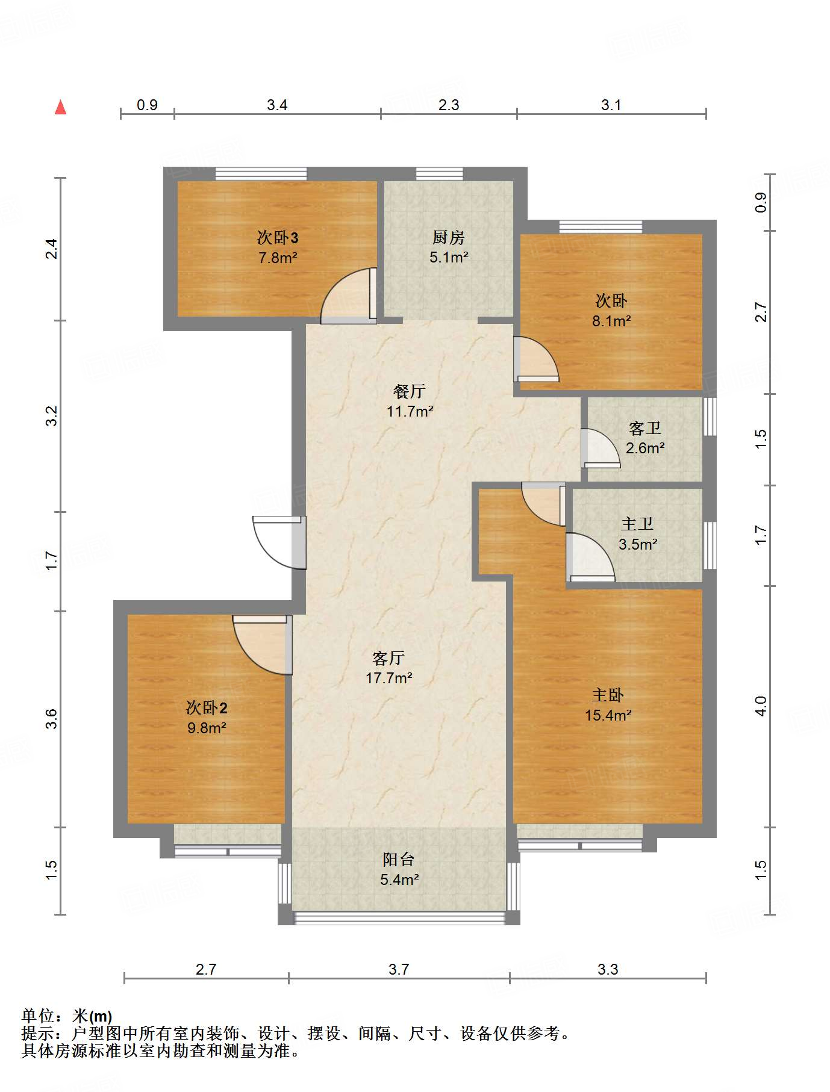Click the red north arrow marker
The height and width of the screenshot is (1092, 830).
[60, 107]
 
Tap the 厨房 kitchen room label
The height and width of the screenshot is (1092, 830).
[449, 238]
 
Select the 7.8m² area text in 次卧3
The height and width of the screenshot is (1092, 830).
[278, 258]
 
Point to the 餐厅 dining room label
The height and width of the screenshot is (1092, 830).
[410, 391]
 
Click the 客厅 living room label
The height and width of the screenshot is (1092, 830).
[388, 658]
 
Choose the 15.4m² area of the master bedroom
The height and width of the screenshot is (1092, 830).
[608, 715]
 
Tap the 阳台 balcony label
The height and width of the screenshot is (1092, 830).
[399, 860]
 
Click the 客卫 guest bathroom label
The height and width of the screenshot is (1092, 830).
[645, 428]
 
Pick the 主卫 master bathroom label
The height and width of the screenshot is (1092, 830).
[637, 524]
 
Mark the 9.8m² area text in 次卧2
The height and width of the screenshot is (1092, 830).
[207, 728]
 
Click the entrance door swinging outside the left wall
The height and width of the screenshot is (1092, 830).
[279, 542]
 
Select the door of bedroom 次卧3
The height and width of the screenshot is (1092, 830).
[349, 296]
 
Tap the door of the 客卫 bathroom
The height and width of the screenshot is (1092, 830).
[600, 448]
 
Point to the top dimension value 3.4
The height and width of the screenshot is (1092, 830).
[277, 105]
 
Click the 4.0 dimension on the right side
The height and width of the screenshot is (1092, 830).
[761, 706]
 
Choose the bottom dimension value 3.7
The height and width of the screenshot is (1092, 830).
[399, 969]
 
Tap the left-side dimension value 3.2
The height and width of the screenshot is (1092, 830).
[52, 416]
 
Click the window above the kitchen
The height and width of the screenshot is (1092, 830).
[440, 174]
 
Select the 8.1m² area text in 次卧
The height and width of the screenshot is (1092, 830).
[611, 321]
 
